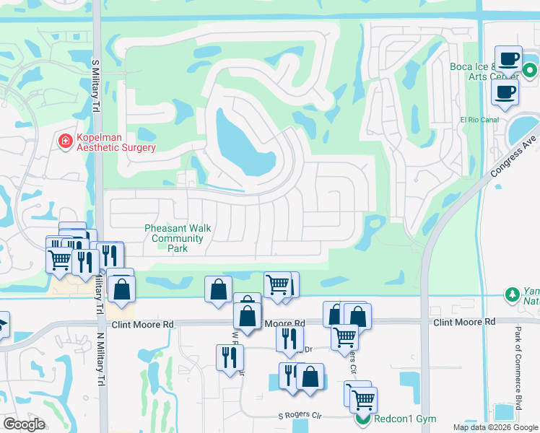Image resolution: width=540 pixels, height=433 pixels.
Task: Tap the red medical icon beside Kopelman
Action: pos(65,141)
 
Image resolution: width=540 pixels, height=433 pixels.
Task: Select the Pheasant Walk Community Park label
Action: pos(178,238)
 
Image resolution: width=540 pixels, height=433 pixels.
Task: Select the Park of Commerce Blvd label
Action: pos(518,369)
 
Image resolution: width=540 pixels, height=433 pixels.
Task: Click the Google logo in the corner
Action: pos(24,424)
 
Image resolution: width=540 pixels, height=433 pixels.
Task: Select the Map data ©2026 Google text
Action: pos(495,427)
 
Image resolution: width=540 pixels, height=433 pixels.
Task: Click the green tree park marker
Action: pos(513,294)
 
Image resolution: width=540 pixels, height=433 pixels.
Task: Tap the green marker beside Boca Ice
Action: pos(529,71)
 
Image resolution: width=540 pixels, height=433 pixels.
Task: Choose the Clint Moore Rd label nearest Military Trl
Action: pos(148,325)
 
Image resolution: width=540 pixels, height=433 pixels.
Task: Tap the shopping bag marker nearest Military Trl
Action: pos(122,289)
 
